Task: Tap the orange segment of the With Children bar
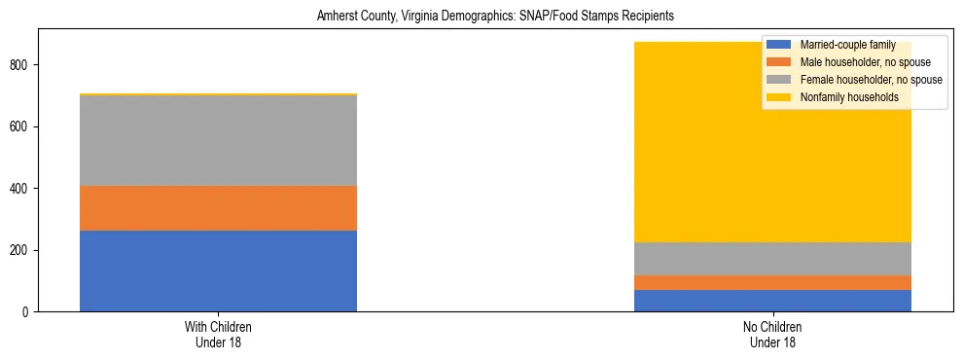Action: tap(218, 207)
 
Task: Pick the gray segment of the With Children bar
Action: tap(218, 140)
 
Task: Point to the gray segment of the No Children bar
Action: tap(772, 259)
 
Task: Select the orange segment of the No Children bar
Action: tap(772, 282)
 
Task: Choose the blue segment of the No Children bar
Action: tap(772, 301)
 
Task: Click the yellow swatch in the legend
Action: tap(779, 97)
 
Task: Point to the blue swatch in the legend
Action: tap(779, 45)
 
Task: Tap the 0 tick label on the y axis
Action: tap(25, 312)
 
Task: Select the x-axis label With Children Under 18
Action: tap(218, 335)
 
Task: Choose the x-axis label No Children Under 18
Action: tap(772, 335)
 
